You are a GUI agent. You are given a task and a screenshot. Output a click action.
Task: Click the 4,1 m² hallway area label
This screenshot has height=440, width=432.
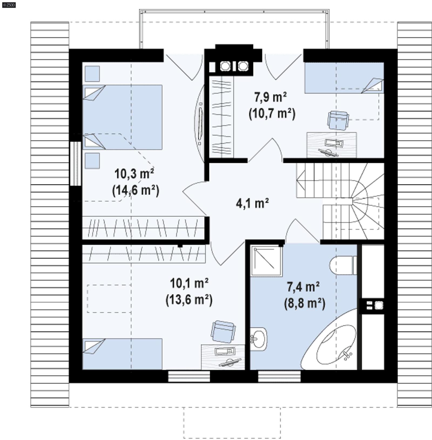(x=252, y=203)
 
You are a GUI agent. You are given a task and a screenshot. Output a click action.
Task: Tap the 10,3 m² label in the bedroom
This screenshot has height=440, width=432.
(x=134, y=173)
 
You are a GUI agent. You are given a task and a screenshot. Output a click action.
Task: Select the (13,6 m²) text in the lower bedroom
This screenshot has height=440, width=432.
(x=189, y=299)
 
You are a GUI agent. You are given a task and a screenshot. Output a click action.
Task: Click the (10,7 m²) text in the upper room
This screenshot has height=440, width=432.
(x=272, y=113)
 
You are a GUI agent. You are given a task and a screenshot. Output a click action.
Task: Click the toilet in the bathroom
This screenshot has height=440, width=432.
(x=341, y=266)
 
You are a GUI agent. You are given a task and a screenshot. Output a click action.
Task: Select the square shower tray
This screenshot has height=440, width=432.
(x=266, y=261)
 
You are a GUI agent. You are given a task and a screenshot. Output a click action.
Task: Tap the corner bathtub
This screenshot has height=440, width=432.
(x=335, y=345)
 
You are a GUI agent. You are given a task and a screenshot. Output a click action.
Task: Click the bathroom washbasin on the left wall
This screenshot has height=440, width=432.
(x=258, y=339)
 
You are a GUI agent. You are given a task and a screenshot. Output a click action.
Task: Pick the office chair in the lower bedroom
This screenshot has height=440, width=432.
(x=223, y=332)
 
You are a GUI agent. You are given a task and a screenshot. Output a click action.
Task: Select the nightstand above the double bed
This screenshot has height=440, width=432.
(x=92, y=74)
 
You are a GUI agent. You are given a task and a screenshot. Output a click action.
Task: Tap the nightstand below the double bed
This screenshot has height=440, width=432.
(x=92, y=161)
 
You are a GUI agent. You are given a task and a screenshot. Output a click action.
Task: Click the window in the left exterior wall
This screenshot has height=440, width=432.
(x=76, y=163)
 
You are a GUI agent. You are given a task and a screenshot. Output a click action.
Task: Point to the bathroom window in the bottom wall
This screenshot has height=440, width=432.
(x=279, y=376)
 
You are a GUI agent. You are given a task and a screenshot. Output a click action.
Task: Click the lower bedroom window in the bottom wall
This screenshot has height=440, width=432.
(x=189, y=376)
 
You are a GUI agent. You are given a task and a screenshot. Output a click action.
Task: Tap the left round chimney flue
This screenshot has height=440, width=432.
(x=225, y=66)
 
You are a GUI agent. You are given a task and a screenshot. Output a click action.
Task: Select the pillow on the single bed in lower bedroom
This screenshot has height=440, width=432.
(x=94, y=346)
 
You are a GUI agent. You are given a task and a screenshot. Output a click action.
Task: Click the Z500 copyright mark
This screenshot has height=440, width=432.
(x=9, y=5)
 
